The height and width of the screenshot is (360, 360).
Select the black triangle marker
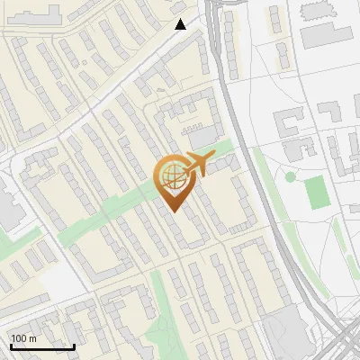tap(181, 24)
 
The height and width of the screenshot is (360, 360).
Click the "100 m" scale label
tap(23, 338)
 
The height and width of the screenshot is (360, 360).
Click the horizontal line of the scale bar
tap(42, 346)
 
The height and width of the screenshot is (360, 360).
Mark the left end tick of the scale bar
tap(11, 346)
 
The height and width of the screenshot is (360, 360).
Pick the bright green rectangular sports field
tap(314, 191)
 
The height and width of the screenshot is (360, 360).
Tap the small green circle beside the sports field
tap(290, 177)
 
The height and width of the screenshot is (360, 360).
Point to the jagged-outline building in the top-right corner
tap(316, 9)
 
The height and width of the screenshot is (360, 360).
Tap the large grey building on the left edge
tap(7, 206)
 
